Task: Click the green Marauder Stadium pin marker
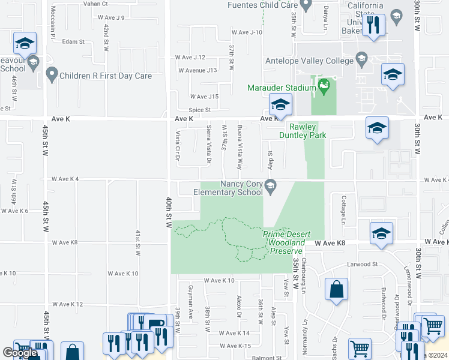pos(325,87)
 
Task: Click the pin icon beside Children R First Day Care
pos(52,76)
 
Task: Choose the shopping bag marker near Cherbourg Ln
pos(337,290)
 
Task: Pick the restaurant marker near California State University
pos(373,25)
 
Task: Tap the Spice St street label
pos(200,110)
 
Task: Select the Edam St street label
pos(73,41)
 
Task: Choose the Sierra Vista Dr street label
pos(209,144)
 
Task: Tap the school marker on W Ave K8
pos(381,234)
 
